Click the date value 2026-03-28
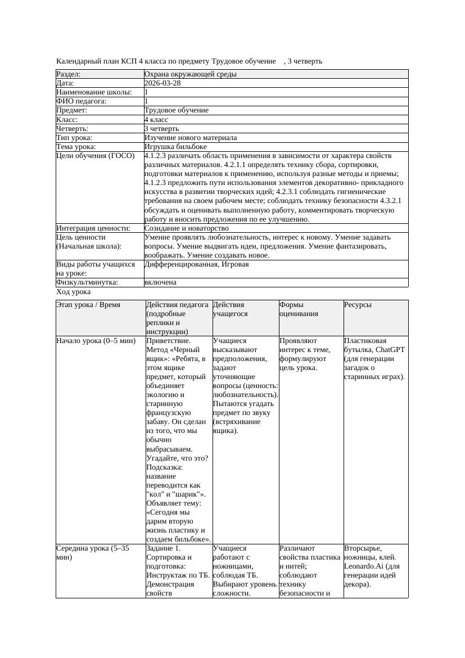(x=162, y=83)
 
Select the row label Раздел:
(x=69, y=74)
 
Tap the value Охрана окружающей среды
(x=190, y=74)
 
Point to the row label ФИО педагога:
(x=82, y=101)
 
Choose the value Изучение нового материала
(x=191, y=138)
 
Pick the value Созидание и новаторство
(x=186, y=228)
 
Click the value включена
(x=160, y=282)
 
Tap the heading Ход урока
(x=74, y=292)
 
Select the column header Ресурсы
(x=358, y=305)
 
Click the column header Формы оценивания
(x=299, y=309)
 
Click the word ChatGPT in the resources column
(x=390, y=349)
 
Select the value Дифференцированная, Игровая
(x=196, y=264)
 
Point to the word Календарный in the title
(x=77, y=61)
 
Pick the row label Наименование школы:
(x=94, y=92)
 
